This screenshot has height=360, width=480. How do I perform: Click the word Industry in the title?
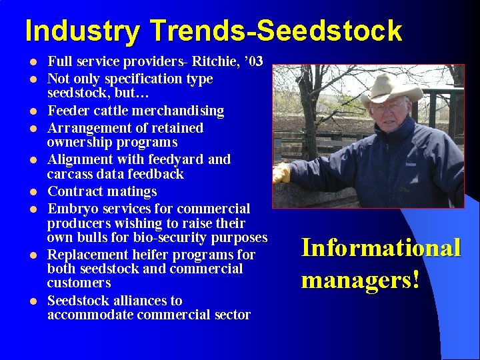click(x=83, y=31)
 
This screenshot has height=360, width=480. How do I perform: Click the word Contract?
click(x=74, y=191)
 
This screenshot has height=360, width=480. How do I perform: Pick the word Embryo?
click(x=70, y=209)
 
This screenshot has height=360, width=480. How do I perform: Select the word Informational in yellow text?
click(x=381, y=247)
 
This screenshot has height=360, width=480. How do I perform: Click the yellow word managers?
click(x=360, y=279)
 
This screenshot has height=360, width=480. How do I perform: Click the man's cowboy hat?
click(x=391, y=89)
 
